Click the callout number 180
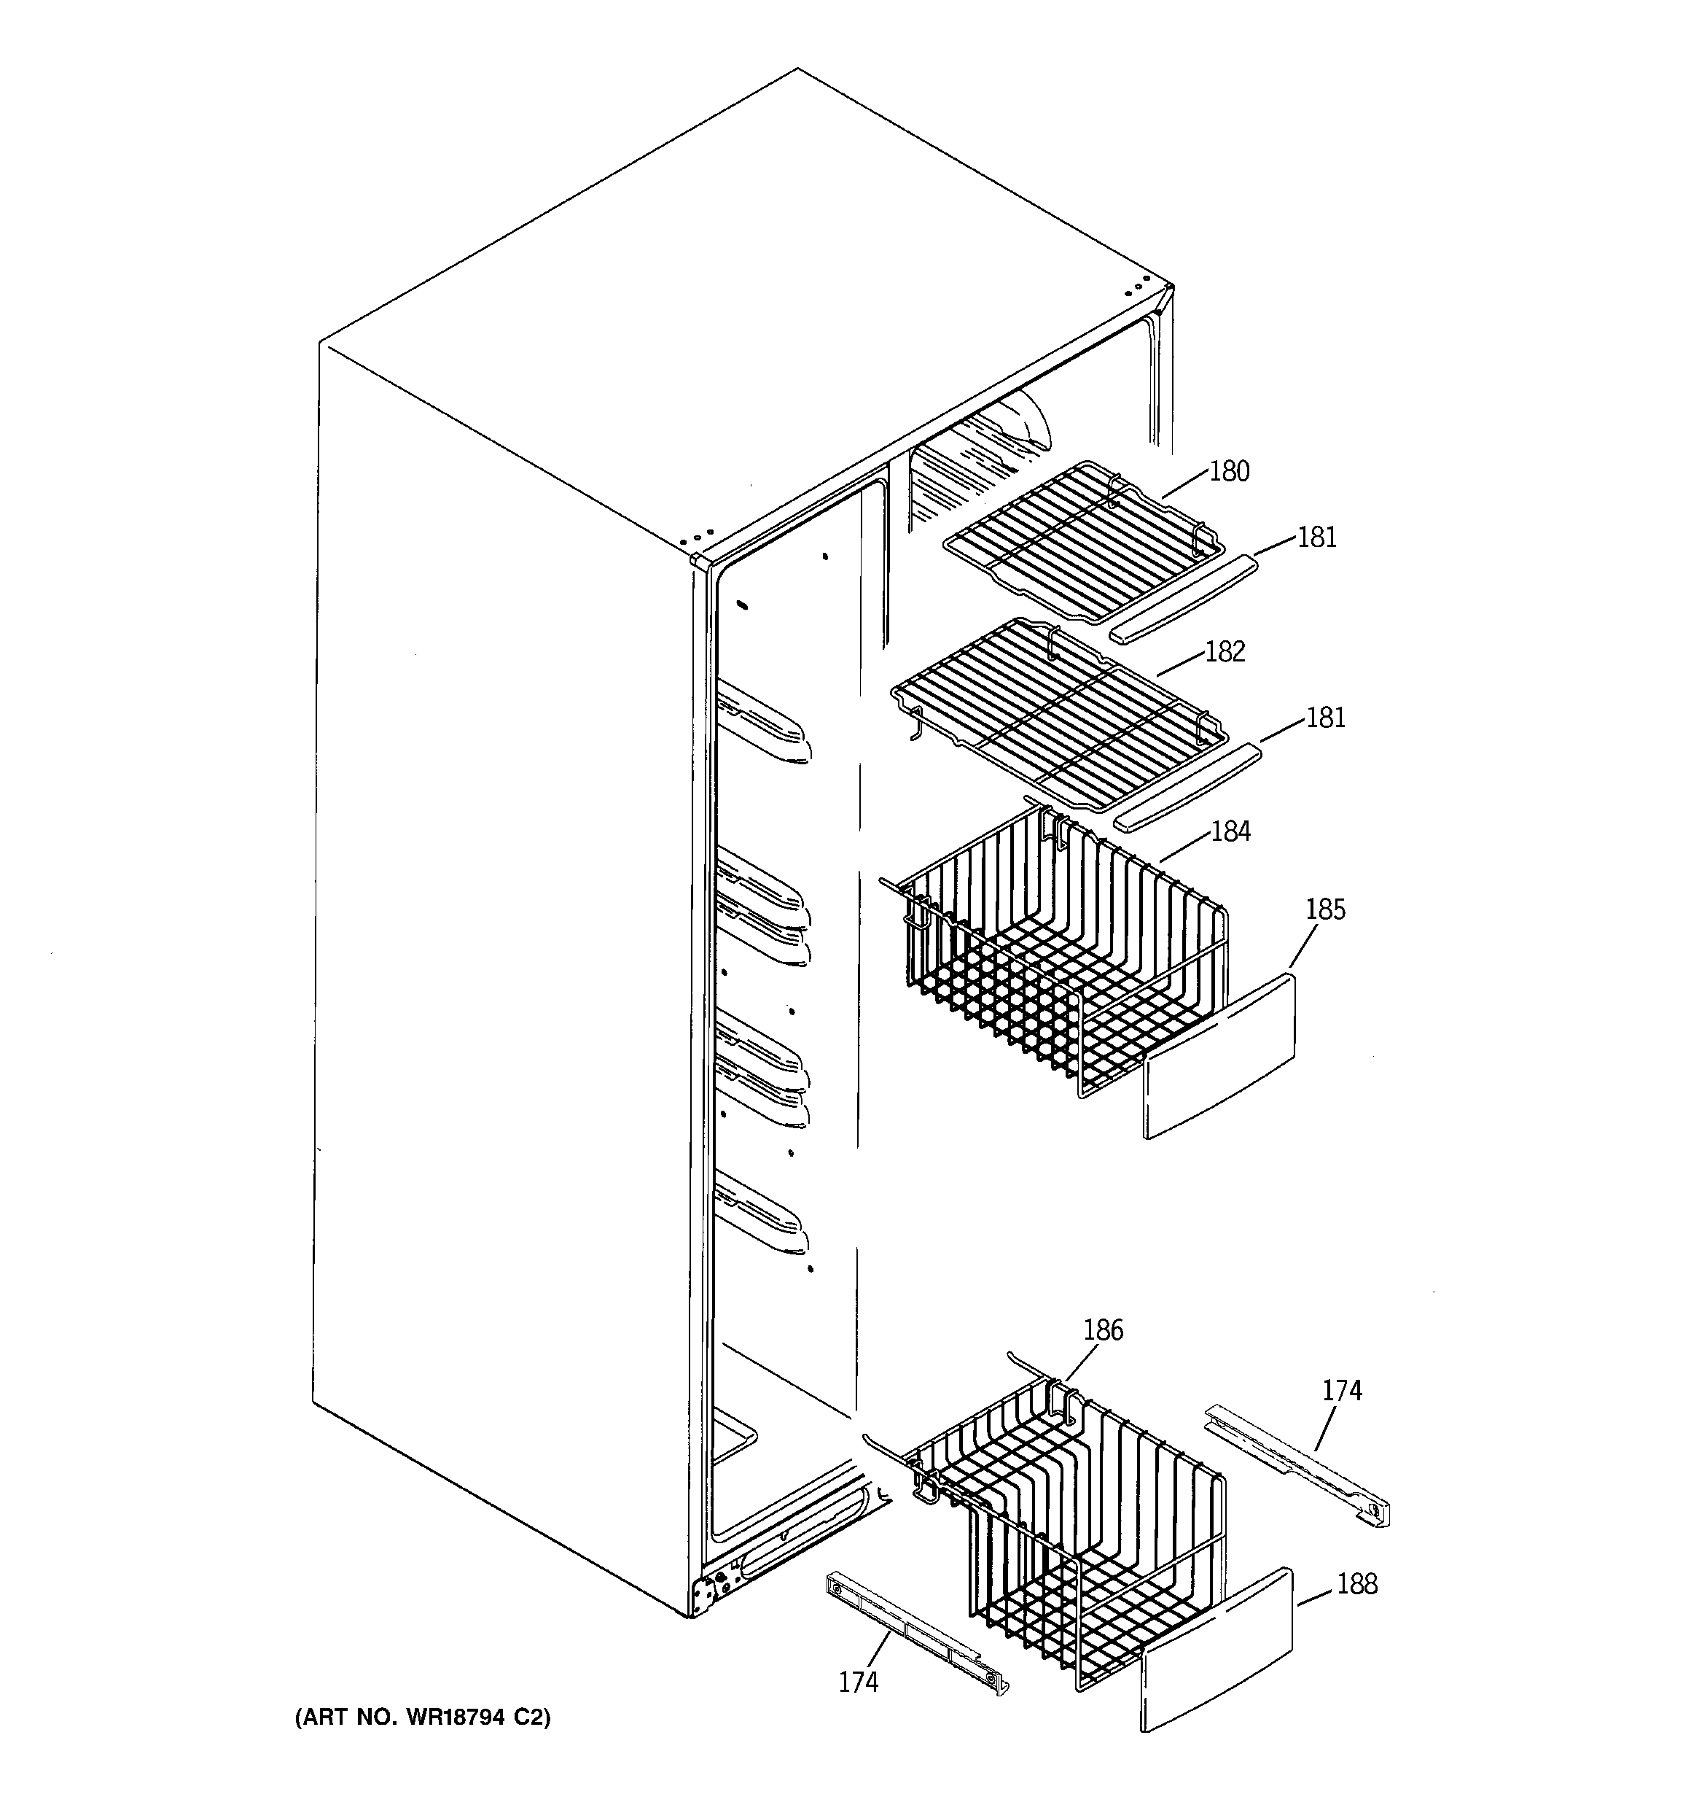click(1229, 471)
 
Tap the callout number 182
click(1225, 652)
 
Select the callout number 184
click(1230, 831)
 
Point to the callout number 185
click(1325, 909)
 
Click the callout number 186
click(1103, 1330)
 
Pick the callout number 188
click(1357, 1584)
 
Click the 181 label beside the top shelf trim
click(1317, 537)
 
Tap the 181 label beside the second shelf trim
click(1325, 718)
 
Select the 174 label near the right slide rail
click(1342, 1390)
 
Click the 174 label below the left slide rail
click(858, 1682)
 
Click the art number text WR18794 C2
click(423, 1717)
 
